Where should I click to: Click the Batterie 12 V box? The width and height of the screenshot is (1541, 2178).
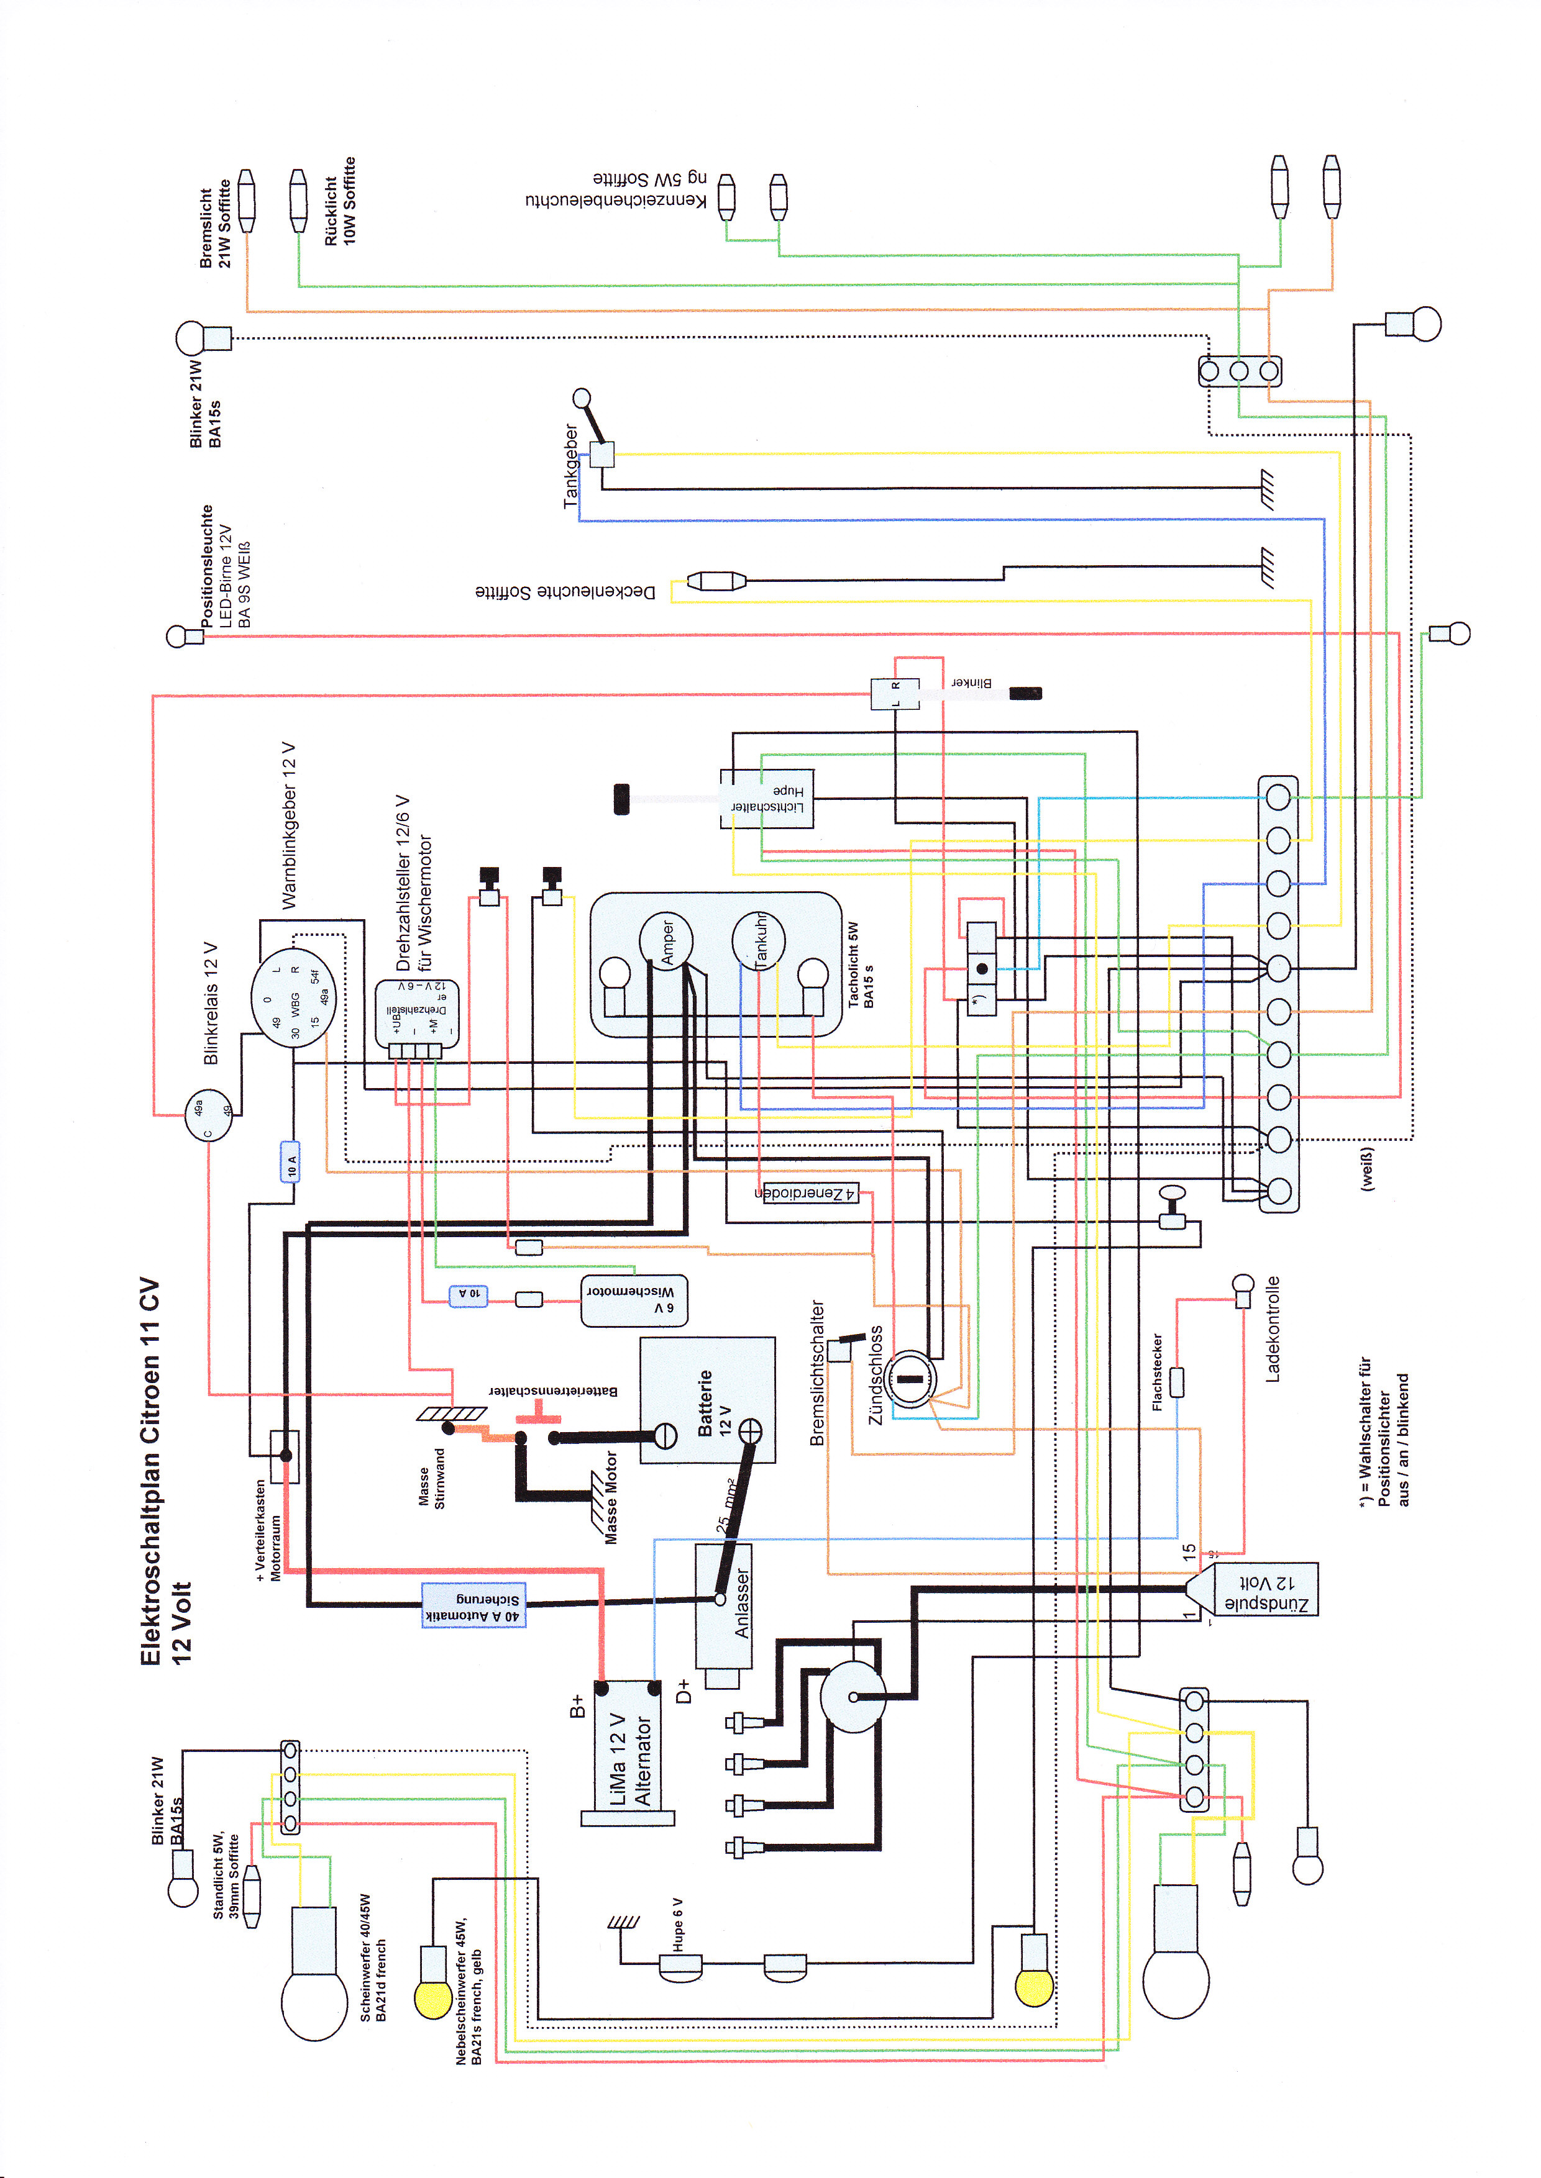(x=707, y=1400)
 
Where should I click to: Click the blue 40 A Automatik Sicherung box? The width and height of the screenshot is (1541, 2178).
(x=472, y=1605)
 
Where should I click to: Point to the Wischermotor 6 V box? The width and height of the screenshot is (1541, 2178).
(x=633, y=1300)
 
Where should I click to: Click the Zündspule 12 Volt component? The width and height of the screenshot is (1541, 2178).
(x=1262, y=1589)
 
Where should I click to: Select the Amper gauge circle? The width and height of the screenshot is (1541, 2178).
(x=665, y=941)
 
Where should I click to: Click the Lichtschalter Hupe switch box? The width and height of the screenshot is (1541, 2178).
(x=767, y=798)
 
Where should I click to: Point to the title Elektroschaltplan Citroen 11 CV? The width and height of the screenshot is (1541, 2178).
(x=150, y=1471)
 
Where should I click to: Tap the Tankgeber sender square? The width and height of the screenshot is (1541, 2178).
(x=601, y=455)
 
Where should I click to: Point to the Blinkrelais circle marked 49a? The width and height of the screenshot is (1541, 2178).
(x=208, y=1115)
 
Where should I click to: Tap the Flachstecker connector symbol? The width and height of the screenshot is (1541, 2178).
(x=1177, y=1382)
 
